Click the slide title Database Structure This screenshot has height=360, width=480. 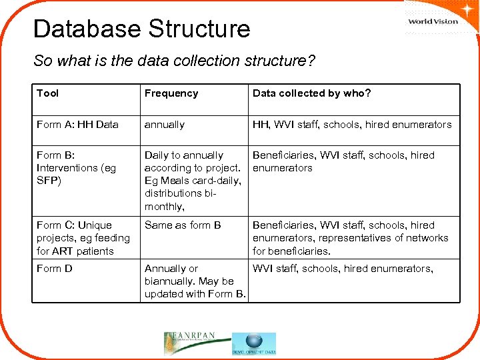tap(141, 29)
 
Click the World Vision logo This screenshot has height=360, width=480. tap(433, 20)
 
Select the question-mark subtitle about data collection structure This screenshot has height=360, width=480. tap(175, 61)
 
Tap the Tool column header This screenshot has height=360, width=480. tap(47, 93)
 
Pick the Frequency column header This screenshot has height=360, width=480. tap(171, 93)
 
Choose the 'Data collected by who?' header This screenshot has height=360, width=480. tap(311, 93)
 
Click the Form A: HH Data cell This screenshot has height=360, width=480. tap(77, 125)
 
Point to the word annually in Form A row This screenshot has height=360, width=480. tap(165, 125)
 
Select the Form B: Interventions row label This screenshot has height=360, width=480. tap(76, 168)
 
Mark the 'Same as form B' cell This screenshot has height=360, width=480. tap(183, 225)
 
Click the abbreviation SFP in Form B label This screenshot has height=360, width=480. tap(49, 181)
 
